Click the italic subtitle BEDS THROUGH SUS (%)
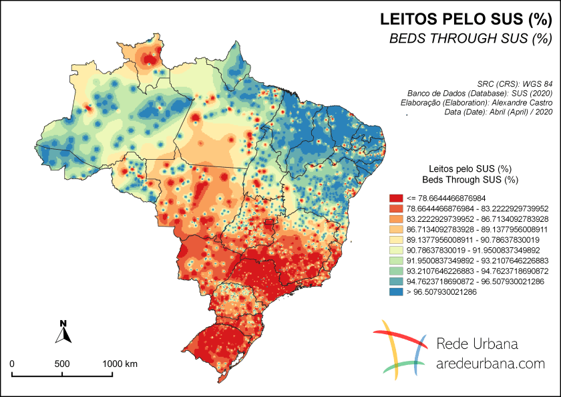pyautogui.click(x=470, y=39)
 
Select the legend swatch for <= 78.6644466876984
pyautogui.click(x=396, y=198)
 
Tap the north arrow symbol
pyautogui.click(x=63, y=332)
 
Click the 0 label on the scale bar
pyautogui.click(x=12, y=364)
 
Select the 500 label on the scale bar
pyautogui.click(x=62, y=364)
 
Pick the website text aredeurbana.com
pyautogui.click(x=490, y=364)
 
